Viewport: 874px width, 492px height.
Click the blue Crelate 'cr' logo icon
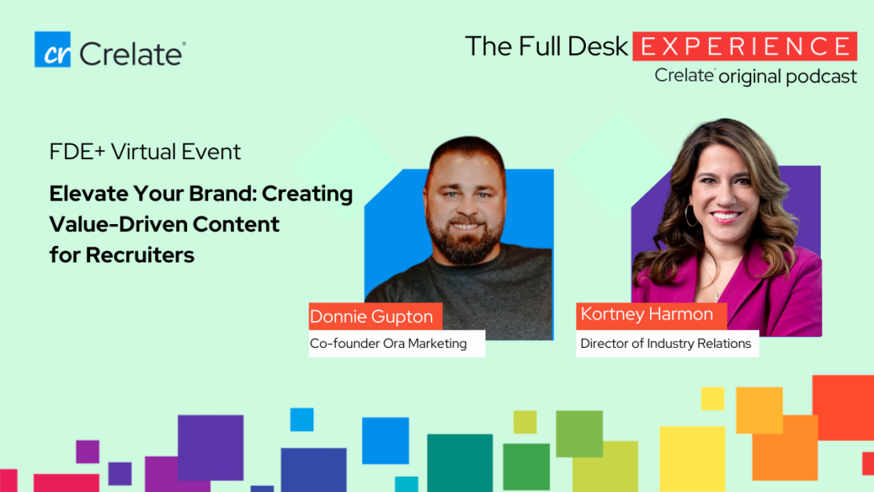(x=52, y=49)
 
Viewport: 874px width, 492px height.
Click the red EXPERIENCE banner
(x=745, y=46)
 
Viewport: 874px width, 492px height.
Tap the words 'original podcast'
(x=788, y=77)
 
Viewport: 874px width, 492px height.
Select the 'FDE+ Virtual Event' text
(x=145, y=152)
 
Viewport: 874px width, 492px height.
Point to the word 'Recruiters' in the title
(x=140, y=255)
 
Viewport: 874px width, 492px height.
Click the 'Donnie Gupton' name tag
(x=376, y=317)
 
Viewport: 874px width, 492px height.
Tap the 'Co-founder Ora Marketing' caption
(x=397, y=343)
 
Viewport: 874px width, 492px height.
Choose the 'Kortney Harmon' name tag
(x=652, y=315)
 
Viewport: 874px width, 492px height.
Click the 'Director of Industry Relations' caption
(x=667, y=343)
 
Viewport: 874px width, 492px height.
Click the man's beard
(x=465, y=240)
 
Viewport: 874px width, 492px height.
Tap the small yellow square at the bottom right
(x=713, y=398)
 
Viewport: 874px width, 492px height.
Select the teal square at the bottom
(x=460, y=463)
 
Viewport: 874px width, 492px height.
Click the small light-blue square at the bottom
(x=302, y=419)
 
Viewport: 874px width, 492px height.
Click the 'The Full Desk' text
(x=547, y=46)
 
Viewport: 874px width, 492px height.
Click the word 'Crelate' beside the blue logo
(x=132, y=54)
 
